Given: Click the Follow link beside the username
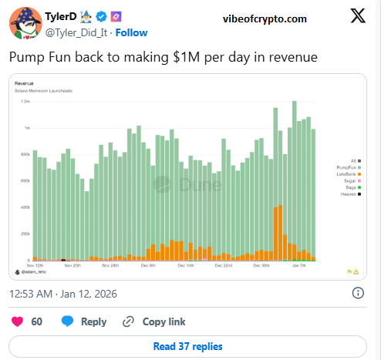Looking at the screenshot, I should coord(132,33).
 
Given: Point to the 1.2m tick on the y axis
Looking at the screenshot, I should coord(25,101).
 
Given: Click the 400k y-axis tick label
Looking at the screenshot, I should coord(25,207).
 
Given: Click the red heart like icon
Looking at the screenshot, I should coord(19,321).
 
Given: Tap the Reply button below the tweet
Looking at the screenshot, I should coord(85,321).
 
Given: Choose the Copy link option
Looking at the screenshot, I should coord(156,321).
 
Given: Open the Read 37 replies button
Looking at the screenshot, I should coord(188,346).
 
